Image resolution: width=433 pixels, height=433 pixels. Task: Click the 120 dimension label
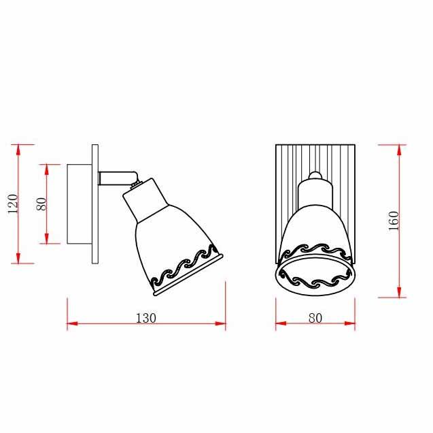13,204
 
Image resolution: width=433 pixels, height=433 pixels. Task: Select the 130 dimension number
145,318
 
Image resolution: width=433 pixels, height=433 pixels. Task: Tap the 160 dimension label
394,221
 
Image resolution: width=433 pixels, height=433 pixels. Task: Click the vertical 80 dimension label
41,204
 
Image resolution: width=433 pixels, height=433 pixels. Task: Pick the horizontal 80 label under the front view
315,318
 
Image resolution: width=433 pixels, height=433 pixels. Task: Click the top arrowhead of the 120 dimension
18,150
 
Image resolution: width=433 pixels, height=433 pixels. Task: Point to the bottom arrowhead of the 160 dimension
399,292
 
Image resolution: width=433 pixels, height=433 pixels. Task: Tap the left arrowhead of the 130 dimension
72,323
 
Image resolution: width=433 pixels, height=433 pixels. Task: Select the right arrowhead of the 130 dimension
220,323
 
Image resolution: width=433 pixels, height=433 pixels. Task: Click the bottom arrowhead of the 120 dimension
18,258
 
